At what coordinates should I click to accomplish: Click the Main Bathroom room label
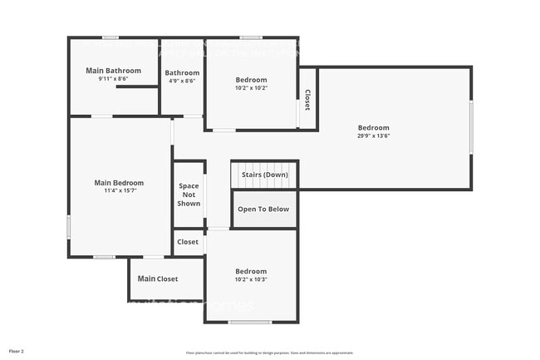pyautogui.click(x=113, y=71)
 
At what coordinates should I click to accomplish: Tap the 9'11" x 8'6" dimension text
pyautogui.click(x=113, y=80)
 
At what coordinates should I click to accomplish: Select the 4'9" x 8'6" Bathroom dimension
pyautogui.click(x=182, y=81)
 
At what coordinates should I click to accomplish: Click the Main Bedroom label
pyautogui.click(x=119, y=183)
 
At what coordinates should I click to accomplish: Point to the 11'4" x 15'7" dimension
pyautogui.click(x=119, y=191)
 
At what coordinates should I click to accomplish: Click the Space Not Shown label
pyautogui.click(x=189, y=195)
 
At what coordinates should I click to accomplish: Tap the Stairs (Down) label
pyautogui.click(x=265, y=175)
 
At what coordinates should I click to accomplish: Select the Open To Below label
pyautogui.click(x=263, y=210)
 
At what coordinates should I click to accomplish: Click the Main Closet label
pyautogui.click(x=158, y=279)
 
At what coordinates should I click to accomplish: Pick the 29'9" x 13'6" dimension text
pyautogui.click(x=373, y=136)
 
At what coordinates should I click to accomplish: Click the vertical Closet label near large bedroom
pyautogui.click(x=307, y=100)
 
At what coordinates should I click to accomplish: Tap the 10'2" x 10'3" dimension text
pyautogui.click(x=251, y=280)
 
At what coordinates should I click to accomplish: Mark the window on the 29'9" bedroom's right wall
pyautogui.click(x=471, y=127)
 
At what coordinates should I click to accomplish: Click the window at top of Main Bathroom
pyautogui.click(x=110, y=37)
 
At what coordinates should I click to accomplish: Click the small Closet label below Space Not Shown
pyautogui.click(x=188, y=242)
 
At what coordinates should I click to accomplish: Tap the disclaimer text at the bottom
pyautogui.click(x=269, y=353)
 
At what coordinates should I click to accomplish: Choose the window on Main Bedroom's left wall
pyautogui.click(x=68, y=227)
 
